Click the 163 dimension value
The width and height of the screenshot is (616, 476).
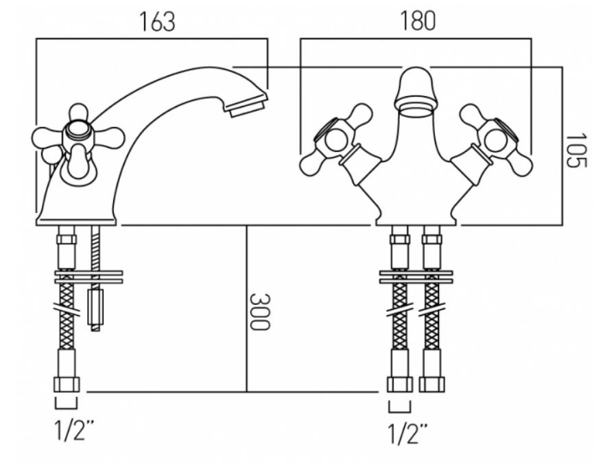click(x=157, y=22)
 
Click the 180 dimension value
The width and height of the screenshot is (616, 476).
click(x=418, y=21)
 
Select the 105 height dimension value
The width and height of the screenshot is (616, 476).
click(x=576, y=150)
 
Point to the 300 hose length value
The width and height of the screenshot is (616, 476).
click(x=260, y=312)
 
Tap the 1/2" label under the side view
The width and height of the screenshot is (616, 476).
click(x=74, y=430)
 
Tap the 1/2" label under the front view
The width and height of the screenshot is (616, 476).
click(x=407, y=434)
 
